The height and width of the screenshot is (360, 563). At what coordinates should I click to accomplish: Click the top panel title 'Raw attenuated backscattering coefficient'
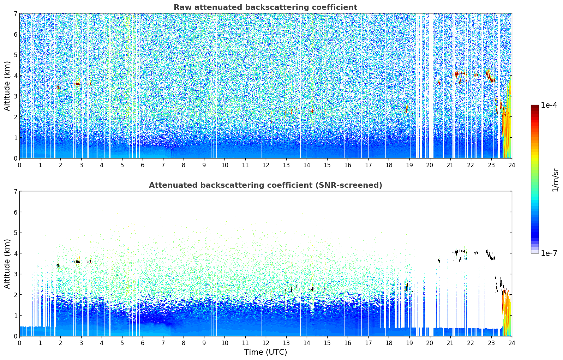(x=265, y=7)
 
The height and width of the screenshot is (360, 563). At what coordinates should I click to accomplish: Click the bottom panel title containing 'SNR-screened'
(x=265, y=185)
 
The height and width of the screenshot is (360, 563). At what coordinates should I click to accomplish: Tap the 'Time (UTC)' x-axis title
(x=265, y=352)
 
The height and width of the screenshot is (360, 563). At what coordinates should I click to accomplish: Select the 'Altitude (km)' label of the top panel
(x=7, y=86)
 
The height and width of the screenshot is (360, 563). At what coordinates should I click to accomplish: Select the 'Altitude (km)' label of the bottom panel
(x=7, y=264)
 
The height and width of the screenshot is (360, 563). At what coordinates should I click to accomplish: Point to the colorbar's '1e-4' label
(x=549, y=105)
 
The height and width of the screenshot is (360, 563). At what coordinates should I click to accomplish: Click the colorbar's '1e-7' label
(x=549, y=253)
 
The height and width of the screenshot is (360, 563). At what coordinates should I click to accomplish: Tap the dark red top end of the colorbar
(x=535, y=107)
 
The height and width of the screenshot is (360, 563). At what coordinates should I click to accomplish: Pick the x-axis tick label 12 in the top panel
(x=265, y=165)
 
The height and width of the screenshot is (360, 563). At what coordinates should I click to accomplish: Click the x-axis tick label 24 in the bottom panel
(x=511, y=343)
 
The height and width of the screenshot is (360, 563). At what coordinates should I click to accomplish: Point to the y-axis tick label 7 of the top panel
(x=15, y=14)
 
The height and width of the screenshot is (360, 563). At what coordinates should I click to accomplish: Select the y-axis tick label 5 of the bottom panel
(x=15, y=233)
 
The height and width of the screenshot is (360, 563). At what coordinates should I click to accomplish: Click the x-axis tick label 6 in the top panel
(x=143, y=165)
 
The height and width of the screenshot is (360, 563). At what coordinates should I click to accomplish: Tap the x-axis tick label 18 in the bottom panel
(x=389, y=343)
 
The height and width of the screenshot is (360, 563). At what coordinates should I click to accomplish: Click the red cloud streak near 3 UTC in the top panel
(x=77, y=84)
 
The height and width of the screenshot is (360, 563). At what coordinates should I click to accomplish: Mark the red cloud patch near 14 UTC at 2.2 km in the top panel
(x=312, y=112)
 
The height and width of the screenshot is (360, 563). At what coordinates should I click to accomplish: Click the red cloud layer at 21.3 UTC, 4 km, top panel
(x=456, y=74)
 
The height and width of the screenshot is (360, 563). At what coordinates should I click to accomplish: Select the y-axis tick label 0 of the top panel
(x=15, y=158)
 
